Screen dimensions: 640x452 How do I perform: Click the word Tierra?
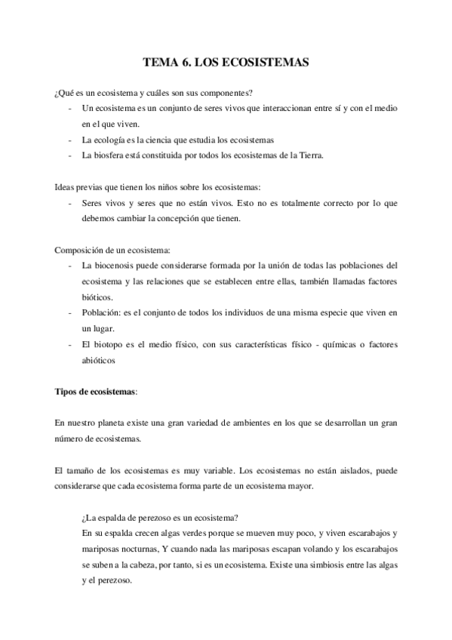click(x=309, y=155)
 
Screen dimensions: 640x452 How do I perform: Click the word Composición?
click(x=84, y=250)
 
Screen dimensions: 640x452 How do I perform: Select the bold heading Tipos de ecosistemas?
click(x=97, y=392)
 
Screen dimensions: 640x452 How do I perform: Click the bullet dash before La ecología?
click(x=70, y=140)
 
